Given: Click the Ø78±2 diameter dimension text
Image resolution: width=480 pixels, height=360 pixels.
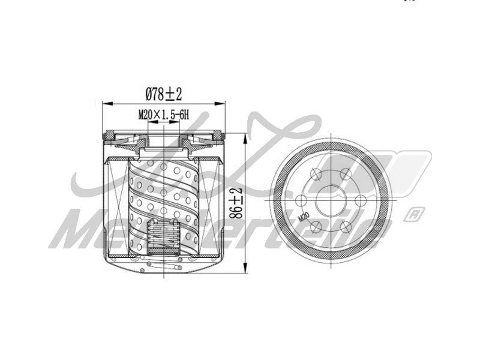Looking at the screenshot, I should click(x=164, y=94).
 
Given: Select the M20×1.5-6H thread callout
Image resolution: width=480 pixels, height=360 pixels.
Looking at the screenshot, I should click(x=164, y=114).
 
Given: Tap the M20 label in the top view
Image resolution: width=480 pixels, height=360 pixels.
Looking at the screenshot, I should click(x=304, y=215).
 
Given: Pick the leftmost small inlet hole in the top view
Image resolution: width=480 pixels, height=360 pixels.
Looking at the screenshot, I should click(x=301, y=200).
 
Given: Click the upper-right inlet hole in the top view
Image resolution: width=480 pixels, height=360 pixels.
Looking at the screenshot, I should click(x=344, y=174).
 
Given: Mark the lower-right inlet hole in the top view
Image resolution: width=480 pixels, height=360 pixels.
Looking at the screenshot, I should click(x=344, y=226).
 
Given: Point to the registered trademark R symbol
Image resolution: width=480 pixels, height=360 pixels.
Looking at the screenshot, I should click(x=413, y=213).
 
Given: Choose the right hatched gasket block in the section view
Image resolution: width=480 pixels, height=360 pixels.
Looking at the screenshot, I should click(x=217, y=135).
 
